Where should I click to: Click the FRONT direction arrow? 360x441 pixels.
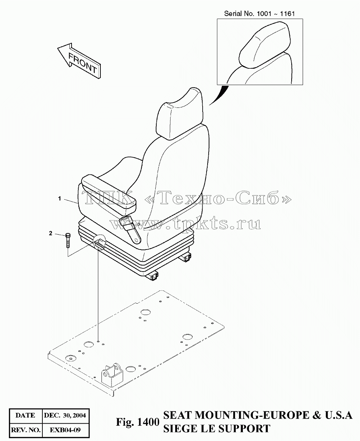click(79, 61)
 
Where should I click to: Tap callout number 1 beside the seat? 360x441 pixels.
click(59, 199)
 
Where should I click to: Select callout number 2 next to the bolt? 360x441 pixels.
click(51, 233)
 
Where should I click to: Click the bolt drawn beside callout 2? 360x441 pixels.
click(68, 241)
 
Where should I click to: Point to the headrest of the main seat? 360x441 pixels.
click(180, 114)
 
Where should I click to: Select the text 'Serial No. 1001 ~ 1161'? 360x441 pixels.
click(259, 14)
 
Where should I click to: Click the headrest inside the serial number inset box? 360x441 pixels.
click(265, 44)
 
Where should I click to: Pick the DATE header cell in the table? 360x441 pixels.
click(26, 415)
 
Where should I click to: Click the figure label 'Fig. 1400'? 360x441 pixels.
click(138, 422)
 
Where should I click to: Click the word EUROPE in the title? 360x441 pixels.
click(286, 415)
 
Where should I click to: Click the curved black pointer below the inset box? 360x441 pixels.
click(219, 95)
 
